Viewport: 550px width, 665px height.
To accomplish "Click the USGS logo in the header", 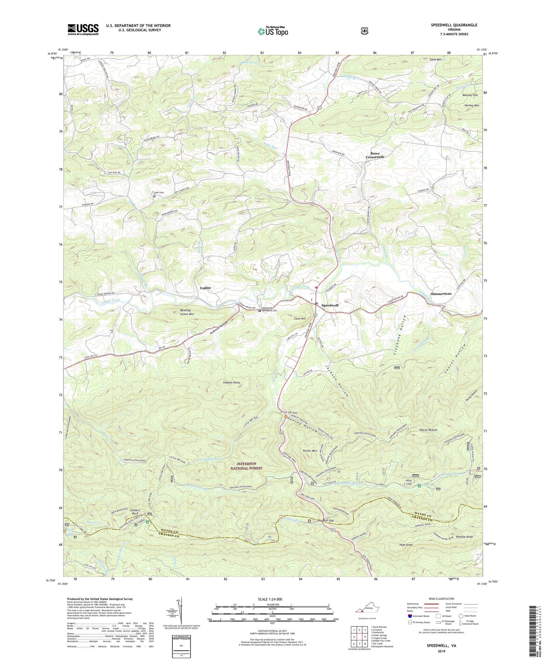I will pos(83,29).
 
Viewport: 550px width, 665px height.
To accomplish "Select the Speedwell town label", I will pos(330,305).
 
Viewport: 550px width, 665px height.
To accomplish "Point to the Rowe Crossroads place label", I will pos(375,155).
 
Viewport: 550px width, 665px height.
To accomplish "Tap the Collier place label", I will pos(205,288).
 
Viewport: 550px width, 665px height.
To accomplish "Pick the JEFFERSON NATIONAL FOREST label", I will pos(246,466).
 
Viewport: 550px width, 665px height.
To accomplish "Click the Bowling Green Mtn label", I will pos(187,312).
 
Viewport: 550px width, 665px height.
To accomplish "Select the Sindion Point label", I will pos(231,383).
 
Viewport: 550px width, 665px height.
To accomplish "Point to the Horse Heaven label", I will pos(429,430).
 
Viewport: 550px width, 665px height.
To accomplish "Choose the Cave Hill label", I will pos(300,319).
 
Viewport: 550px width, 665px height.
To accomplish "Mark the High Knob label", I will pos(406,545).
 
